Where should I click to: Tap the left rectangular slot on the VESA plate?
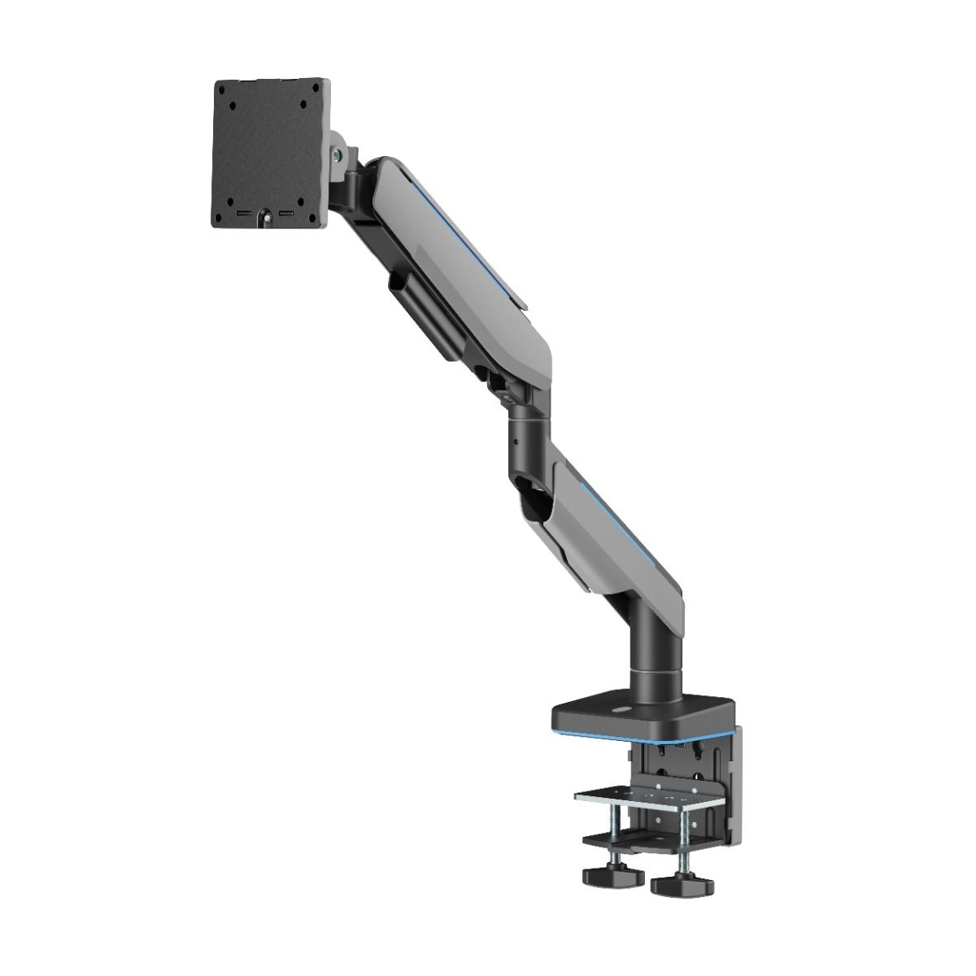[242, 215]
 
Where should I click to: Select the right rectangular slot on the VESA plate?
[285, 215]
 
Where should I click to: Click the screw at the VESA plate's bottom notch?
[264, 217]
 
